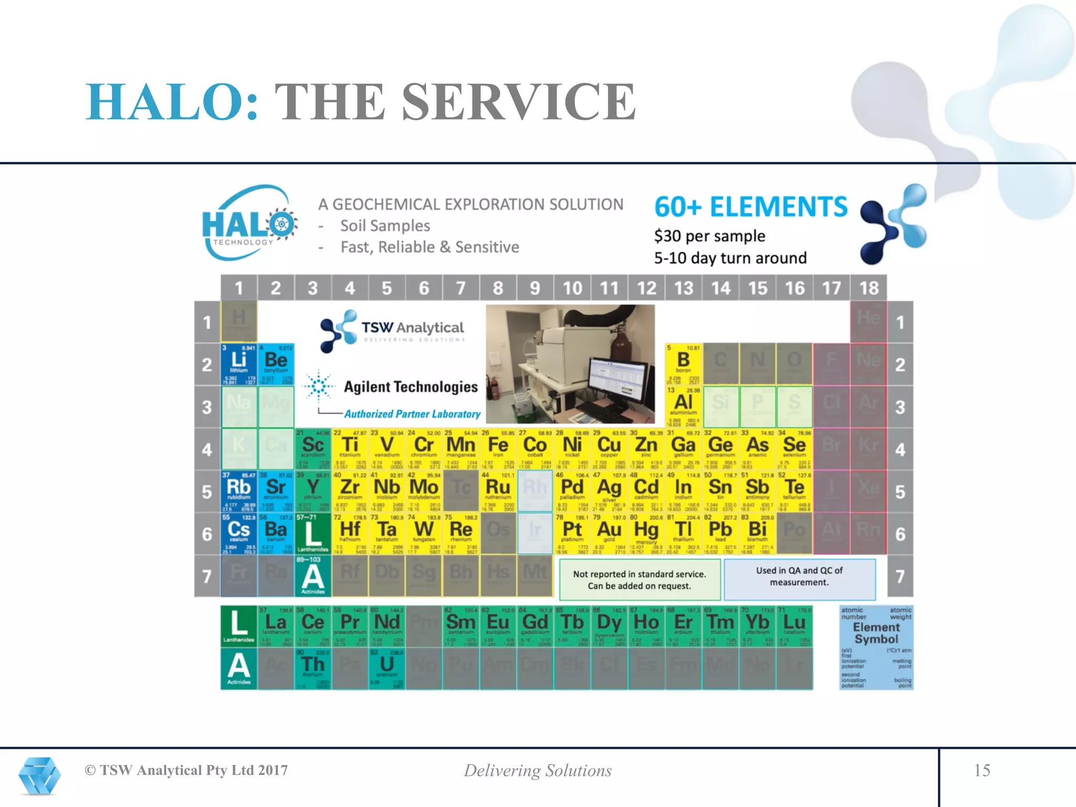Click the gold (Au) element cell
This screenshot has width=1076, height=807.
pyautogui.click(x=609, y=533)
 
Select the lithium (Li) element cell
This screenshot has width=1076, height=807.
pyautogui.click(x=239, y=364)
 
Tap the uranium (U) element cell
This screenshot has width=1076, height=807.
pyautogui.click(x=387, y=668)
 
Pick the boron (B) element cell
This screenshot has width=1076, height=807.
pyautogui.click(x=683, y=364)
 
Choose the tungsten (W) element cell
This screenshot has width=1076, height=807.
pyautogui.click(x=424, y=533)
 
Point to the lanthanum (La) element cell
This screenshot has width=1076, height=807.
pyautogui.click(x=276, y=626)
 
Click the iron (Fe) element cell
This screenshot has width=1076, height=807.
pyautogui.click(x=498, y=449)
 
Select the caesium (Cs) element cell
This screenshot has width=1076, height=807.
pyautogui.click(x=239, y=533)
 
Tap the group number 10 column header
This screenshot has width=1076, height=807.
pyautogui.click(x=572, y=288)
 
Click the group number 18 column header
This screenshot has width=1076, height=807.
pyautogui.click(x=868, y=288)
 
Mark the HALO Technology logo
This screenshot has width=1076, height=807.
pyautogui.click(x=250, y=223)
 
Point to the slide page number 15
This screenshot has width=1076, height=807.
pyautogui.click(x=981, y=770)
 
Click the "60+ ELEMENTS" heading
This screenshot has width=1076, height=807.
pyautogui.click(x=751, y=207)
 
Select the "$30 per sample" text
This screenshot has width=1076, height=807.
pyautogui.click(x=709, y=236)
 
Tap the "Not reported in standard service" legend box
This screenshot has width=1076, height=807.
pyautogui.click(x=639, y=580)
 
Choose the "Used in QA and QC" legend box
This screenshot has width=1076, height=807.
pyautogui.click(x=799, y=578)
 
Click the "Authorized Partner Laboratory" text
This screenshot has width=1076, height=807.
pyautogui.click(x=412, y=414)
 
